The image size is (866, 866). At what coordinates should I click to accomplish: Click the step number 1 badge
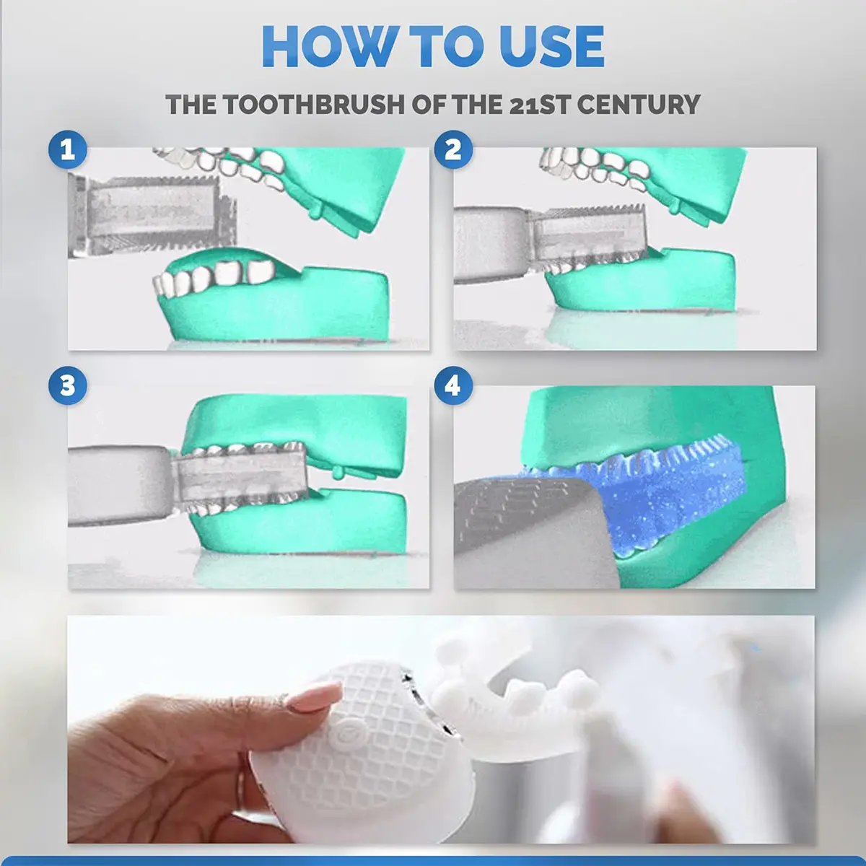[x=68, y=149]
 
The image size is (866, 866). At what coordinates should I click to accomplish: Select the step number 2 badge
[x=453, y=149]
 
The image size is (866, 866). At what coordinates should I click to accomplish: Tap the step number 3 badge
[x=68, y=385]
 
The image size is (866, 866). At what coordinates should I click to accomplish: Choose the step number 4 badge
[x=453, y=385]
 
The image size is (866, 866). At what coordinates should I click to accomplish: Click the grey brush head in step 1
[x=153, y=216]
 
